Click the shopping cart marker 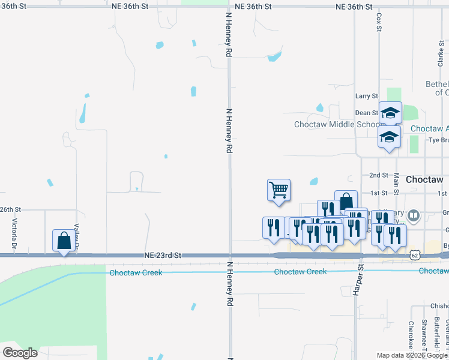279,190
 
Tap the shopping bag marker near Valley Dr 64,241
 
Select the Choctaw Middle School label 336,125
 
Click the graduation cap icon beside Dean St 390,113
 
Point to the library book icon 413,215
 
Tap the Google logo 20,352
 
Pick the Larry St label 366,96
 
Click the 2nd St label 379,175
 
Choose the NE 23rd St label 163,256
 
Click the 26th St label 11,209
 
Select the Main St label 396,185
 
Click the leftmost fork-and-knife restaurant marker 274,228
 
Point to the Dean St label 366,113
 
